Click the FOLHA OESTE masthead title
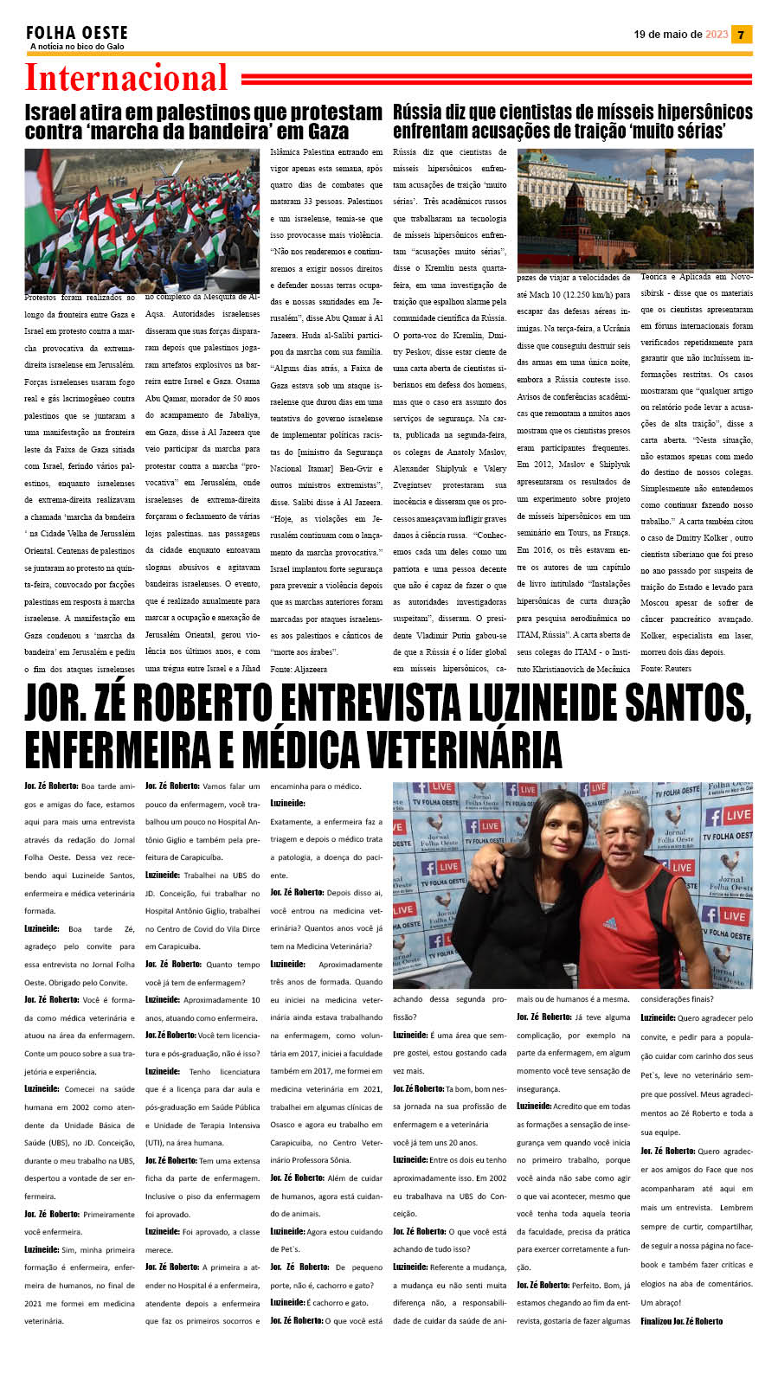77,33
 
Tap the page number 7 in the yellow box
741,35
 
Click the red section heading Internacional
126,78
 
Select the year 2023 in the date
717,35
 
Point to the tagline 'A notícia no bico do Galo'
77,47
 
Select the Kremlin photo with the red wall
634,209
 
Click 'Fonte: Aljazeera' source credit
299,669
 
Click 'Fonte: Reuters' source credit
665,669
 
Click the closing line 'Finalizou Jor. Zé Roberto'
681,1321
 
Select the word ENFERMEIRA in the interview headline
116,749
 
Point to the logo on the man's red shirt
611,923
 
